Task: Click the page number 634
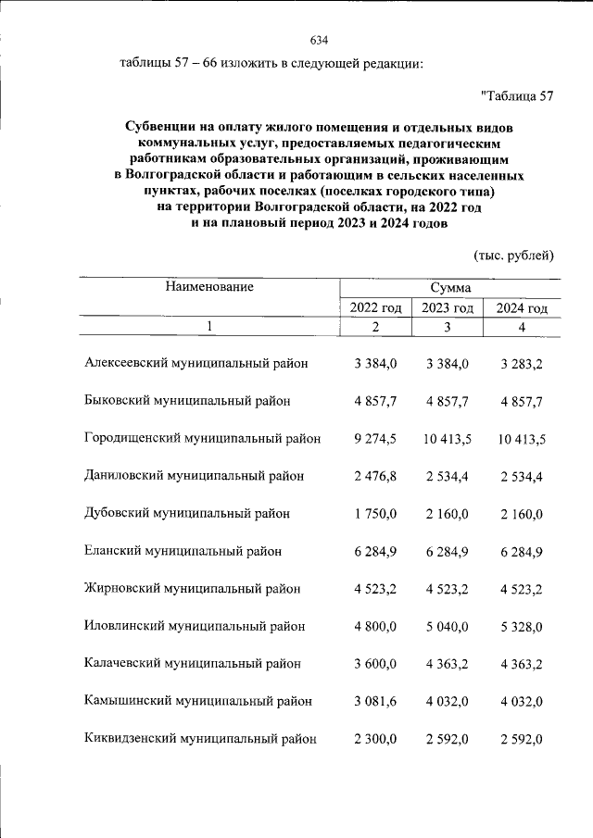[x=319, y=40]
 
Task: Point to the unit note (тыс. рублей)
[x=512, y=255]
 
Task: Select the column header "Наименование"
[x=209, y=287]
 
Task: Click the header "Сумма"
[x=449, y=288]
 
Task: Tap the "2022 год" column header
[x=375, y=308]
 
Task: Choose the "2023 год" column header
[x=448, y=308]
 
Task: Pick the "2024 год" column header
[x=522, y=308]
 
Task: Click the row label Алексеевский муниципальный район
[x=196, y=364]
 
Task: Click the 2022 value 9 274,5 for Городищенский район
[x=375, y=439]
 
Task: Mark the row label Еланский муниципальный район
[x=183, y=551]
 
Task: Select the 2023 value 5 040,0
[x=448, y=626]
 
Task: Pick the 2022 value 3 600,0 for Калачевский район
[x=375, y=664]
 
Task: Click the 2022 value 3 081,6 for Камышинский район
[x=375, y=701]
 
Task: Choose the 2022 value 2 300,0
[x=375, y=739]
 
